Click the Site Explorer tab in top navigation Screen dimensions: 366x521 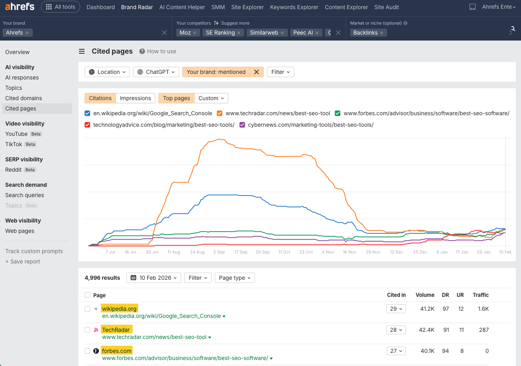click(247, 7)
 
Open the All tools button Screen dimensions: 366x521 click(60, 7)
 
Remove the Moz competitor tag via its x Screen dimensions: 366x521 click(195, 33)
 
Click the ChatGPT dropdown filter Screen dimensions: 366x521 click(156, 72)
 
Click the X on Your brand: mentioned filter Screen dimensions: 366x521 click(257, 72)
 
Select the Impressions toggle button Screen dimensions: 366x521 click(135, 98)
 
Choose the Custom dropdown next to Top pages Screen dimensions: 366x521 click(211, 98)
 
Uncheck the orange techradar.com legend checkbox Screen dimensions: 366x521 click(220, 113)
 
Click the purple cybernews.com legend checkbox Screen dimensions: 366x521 click(242, 125)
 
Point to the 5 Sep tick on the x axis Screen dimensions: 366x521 click(219, 252)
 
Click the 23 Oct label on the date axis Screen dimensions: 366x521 click(306, 252)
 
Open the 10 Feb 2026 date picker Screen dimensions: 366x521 click(154, 278)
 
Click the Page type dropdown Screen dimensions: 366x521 click(235, 278)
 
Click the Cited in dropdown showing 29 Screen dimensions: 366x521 click(396, 309)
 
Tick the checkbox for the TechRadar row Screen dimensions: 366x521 click(87, 330)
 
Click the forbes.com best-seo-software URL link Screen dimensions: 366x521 click(185, 358)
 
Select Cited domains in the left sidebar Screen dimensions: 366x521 click(23, 98)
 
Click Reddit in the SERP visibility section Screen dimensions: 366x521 click(14, 170)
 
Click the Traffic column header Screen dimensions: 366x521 click(480, 295)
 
